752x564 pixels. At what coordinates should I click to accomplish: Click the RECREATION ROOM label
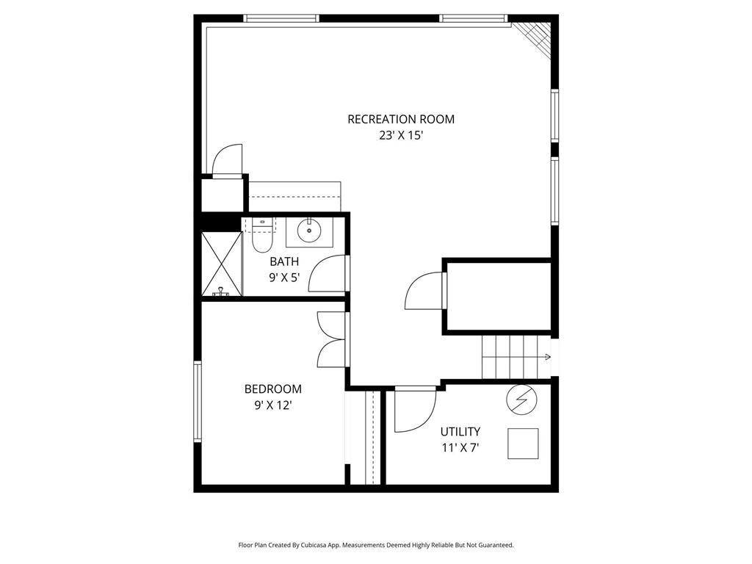(401, 119)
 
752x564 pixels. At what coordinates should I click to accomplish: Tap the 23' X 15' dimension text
(401, 136)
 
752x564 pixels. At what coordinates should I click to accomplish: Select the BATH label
(284, 261)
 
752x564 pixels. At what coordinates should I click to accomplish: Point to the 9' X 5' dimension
(284, 278)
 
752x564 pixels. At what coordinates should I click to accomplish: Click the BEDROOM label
(273, 389)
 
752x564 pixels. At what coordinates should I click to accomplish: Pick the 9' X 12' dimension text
(273, 405)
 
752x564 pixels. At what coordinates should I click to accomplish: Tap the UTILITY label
(460, 432)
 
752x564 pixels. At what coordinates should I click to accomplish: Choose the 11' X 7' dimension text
(460, 448)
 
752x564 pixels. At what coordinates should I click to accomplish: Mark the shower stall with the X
(221, 264)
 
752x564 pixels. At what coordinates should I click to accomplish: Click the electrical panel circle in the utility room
(522, 400)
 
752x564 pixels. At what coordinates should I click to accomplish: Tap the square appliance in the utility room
(523, 444)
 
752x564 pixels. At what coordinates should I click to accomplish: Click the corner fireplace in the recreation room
(532, 40)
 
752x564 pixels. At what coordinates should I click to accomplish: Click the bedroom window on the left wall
(197, 401)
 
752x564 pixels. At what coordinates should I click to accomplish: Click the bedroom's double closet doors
(331, 339)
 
